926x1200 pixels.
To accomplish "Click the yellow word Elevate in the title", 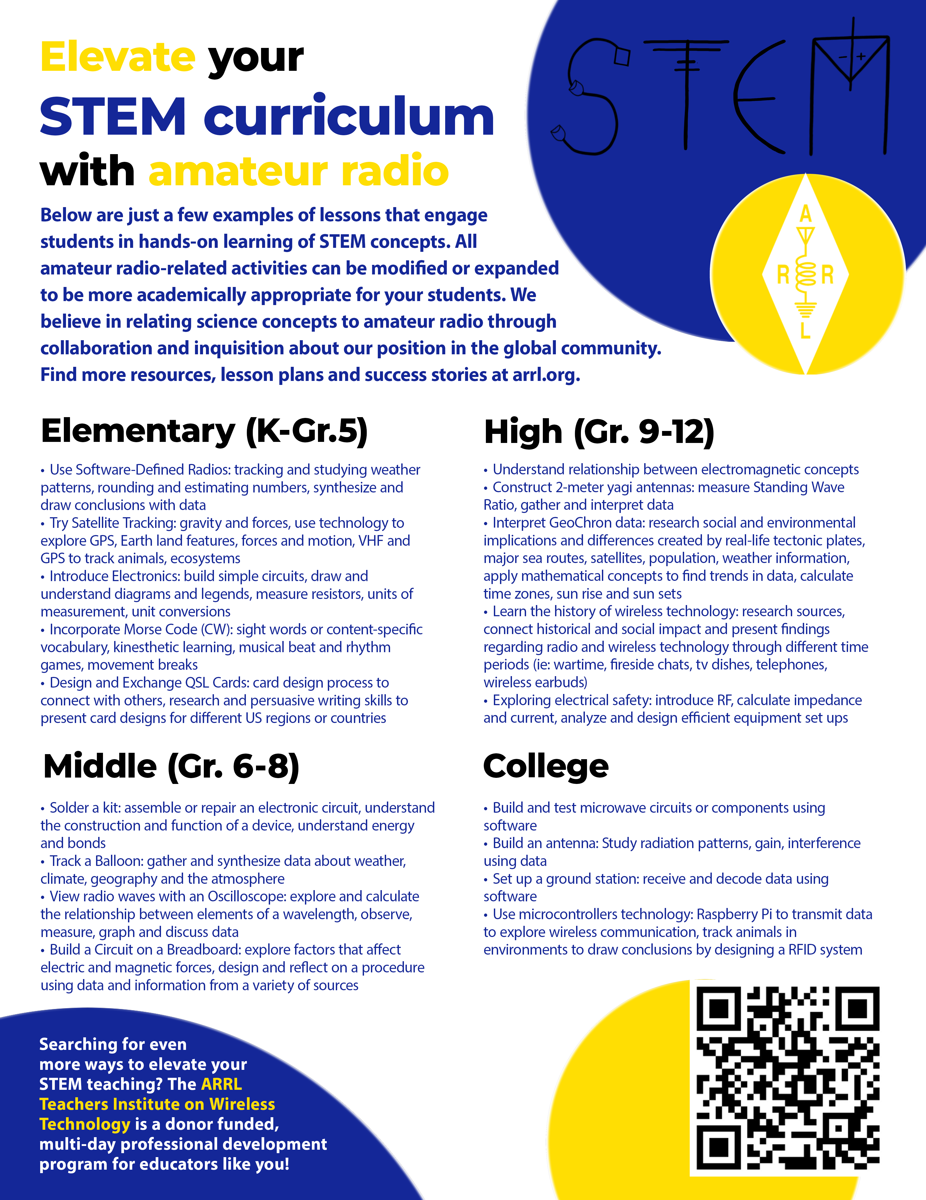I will point(118,57).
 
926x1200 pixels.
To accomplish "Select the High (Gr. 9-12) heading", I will point(599,432).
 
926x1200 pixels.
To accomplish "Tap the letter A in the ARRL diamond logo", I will point(805,214).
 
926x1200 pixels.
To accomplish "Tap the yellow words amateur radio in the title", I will point(299,170).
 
